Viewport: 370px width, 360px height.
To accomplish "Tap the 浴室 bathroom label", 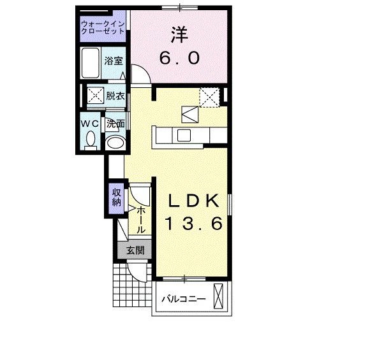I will [114, 62].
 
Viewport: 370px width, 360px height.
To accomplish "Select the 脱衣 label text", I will [115, 96].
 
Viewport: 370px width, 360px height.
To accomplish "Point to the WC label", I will [89, 123].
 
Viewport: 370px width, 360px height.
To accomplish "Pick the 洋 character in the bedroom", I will [179, 33].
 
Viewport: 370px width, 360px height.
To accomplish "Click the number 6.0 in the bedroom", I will [179, 58].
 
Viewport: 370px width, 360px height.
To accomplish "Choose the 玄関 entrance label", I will [134, 250].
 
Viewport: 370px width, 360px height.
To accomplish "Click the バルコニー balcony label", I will [183, 298].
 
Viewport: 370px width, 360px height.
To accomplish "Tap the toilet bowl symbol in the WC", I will [90, 138].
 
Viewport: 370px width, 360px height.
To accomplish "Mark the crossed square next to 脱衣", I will [96, 96].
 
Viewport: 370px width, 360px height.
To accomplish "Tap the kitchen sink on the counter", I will [184, 134].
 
